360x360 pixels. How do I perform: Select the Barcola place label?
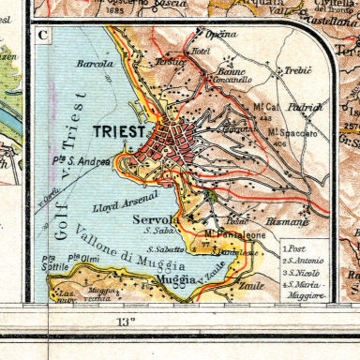pos(97,65)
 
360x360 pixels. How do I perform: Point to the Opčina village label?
pos(221,34)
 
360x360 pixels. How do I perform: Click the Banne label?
pos(232,70)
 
